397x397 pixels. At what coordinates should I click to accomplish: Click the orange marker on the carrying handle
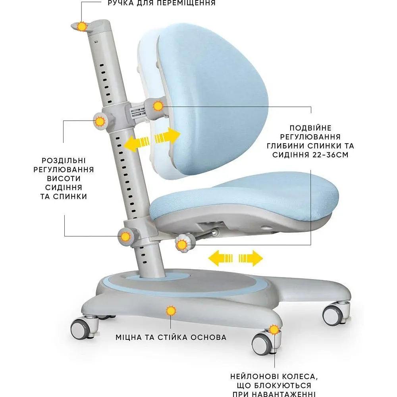(x=82, y=26)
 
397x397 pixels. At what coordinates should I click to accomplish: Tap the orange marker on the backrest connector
(x=158, y=106)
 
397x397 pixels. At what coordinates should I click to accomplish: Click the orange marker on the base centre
(x=171, y=310)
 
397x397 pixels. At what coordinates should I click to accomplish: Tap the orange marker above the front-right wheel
(x=274, y=330)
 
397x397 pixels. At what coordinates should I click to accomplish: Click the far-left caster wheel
(x=81, y=329)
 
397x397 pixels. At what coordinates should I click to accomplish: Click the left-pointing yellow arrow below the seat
(x=220, y=258)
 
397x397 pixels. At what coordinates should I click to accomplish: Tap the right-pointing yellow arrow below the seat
(x=251, y=258)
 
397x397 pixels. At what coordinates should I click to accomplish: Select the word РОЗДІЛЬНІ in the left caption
(x=64, y=160)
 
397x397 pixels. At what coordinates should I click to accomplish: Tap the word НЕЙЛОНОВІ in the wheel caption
(x=255, y=376)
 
